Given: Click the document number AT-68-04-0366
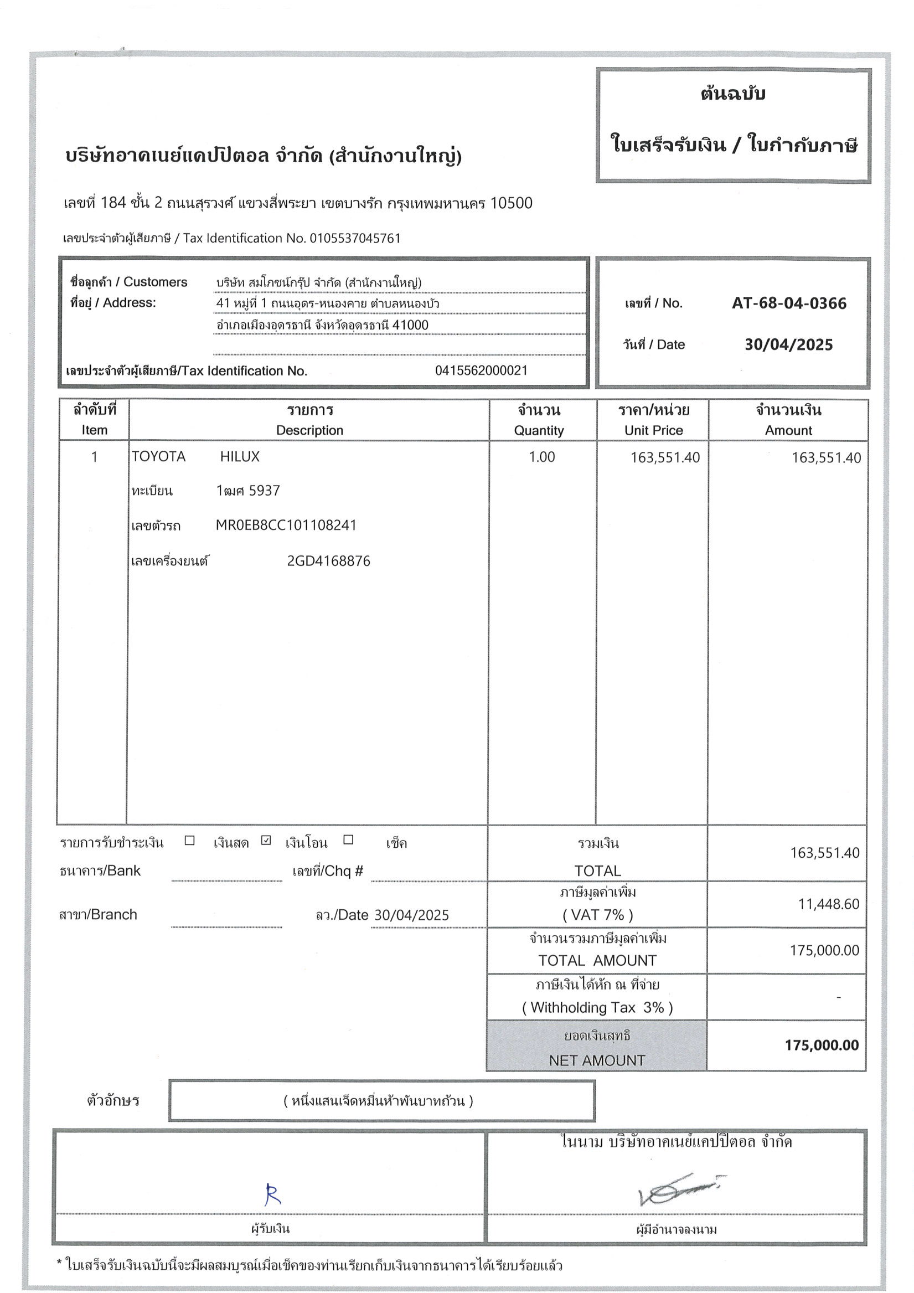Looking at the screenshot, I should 788,303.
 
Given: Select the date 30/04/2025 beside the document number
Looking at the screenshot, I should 788,344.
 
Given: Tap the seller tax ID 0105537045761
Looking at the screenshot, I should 355,238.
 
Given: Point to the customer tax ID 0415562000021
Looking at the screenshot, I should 481,370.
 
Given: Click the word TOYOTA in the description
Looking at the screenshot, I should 158,457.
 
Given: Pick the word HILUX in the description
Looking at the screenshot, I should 240,457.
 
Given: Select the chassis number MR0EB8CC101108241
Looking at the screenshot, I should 286,526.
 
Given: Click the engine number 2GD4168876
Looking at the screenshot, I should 328,561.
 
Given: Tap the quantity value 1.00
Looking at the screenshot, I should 541,457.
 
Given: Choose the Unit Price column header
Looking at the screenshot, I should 653,430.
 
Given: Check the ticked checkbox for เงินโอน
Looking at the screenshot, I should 266,841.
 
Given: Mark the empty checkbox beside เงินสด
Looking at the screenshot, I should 190,841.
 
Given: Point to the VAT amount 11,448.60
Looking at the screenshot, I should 828,904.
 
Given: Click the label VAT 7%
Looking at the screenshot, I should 597,915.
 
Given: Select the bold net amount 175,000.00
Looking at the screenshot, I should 822,1045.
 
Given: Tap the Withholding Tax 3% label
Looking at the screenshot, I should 597,1007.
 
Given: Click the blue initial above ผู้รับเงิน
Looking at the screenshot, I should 272,1194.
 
